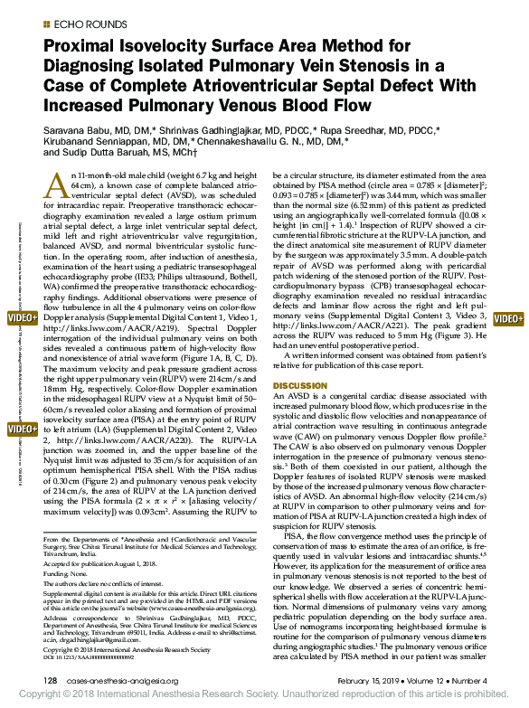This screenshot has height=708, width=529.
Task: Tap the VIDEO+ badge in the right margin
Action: click(x=509, y=319)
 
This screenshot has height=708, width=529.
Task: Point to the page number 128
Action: click(x=51, y=679)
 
